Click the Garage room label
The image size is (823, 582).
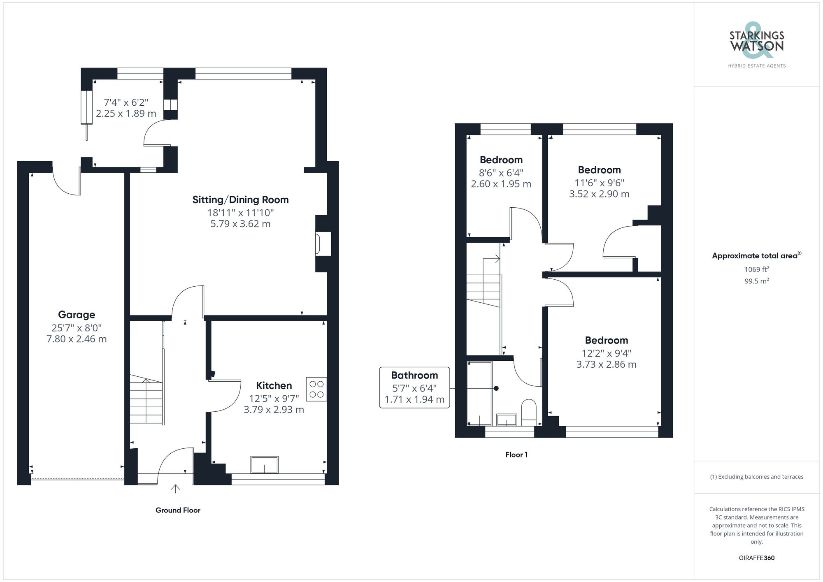coord(77,315)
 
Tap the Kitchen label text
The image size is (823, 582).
coord(274,385)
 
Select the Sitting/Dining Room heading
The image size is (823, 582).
coord(240,200)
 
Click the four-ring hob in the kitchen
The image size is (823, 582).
coord(316,389)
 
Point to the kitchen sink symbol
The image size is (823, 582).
coord(264,465)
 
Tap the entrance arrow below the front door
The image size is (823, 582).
coord(176,489)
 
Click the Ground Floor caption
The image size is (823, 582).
coord(178,510)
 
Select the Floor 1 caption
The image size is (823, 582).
coord(516,454)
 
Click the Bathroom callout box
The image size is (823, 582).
coord(414,387)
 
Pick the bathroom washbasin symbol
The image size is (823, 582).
coord(507,420)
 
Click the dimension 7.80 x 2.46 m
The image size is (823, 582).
coord(77,339)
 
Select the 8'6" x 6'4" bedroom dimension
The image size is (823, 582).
coord(501,173)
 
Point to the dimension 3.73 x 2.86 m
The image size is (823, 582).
coord(606,364)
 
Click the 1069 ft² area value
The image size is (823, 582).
coord(756,269)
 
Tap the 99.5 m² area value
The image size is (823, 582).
coord(756,281)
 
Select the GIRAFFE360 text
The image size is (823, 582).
coord(756,558)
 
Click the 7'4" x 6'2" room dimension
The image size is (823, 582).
coord(126,102)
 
